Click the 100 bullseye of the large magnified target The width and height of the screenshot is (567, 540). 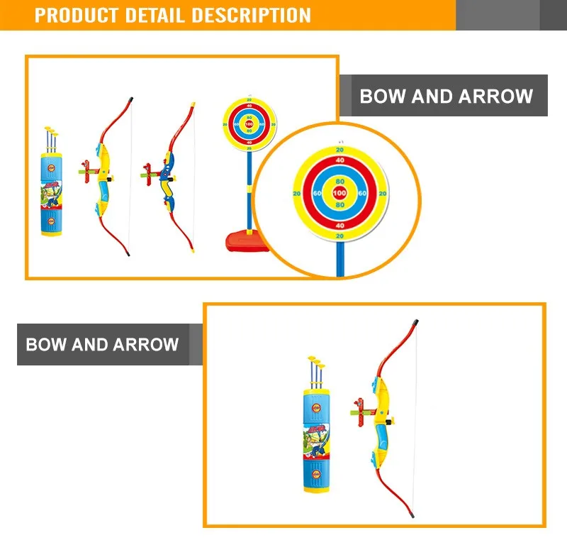point(339,193)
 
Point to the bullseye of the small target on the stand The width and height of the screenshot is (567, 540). point(248,125)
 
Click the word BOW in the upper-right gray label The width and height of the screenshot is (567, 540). point(381,97)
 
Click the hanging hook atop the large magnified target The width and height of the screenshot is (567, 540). point(339,141)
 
